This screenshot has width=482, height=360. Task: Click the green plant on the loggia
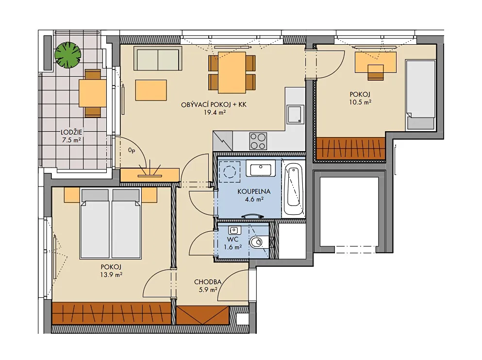[x=67, y=55]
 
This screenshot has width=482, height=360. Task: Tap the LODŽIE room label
[x=71, y=132]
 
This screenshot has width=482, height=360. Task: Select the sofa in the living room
[x=157, y=58]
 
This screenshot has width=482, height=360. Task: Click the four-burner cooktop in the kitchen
[x=258, y=141]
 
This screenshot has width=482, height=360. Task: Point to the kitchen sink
[x=295, y=114]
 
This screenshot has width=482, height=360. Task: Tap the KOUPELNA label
[x=254, y=191]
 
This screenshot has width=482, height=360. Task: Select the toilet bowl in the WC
[x=256, y=242]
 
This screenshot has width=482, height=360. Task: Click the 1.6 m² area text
[x=233, y=247]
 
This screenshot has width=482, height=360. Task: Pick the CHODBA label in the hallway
[x=208, y=282]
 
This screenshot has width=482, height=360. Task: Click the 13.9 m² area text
[x=111, y=275]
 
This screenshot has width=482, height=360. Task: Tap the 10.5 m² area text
[x=360, y=102]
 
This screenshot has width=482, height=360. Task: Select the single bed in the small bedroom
[x=420, y=95]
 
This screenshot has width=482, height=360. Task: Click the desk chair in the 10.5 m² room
[x=376, y=72]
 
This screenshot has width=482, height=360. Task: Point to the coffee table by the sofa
[x=151, y=90]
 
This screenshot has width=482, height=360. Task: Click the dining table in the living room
[x=232, y=72]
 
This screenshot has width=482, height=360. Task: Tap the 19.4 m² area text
[x=215, y=112]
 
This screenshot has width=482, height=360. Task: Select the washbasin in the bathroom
[x=261, y=170]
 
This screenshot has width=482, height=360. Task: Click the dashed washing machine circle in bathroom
[x=229, y=171]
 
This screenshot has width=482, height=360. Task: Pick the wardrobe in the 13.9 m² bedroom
[x=111, y=313]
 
